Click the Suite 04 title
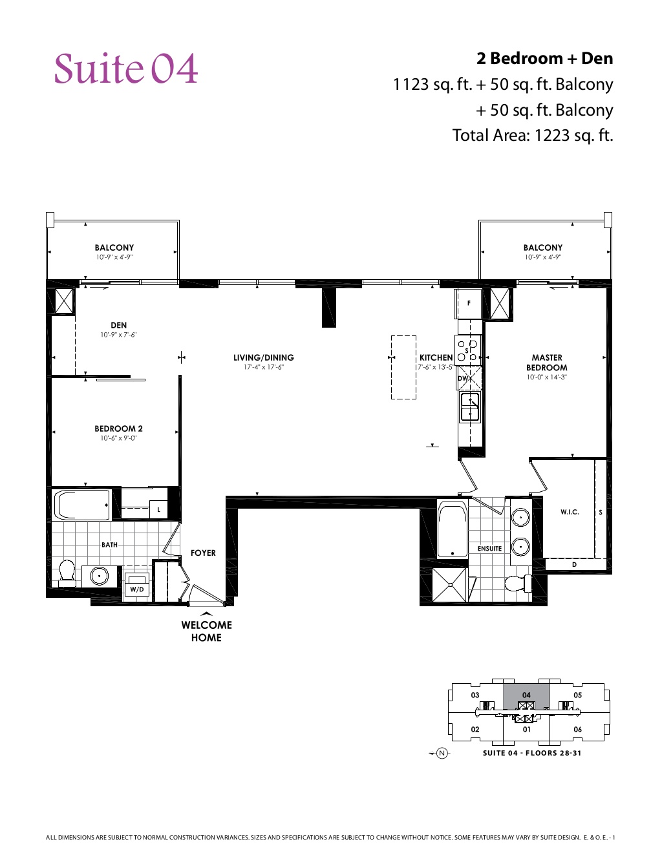click(125, 69)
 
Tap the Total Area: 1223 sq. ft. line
click(532, 136)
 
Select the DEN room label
click(118, 326)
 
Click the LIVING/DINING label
click(263, 357)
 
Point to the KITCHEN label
click(436, 357)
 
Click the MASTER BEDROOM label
click(546, 363)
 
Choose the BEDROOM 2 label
click(118, 428)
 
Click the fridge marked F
click(469, 303)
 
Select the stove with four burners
click(467, 350)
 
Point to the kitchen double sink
click(469, 407)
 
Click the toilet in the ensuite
click(516, 584)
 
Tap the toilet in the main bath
click(67, 572)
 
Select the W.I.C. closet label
click(570, 512)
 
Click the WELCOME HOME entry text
click(206, 631)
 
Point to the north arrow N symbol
click(442, 753)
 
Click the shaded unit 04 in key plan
click(526, 695)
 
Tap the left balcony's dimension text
click(114, 257)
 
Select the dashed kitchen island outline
click(403, 367)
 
